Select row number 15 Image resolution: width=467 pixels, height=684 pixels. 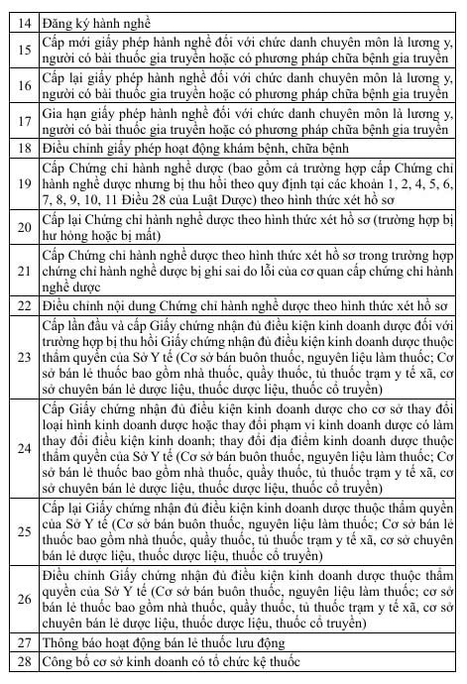25,51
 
